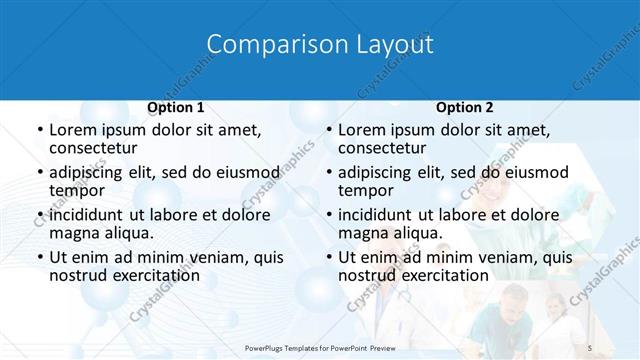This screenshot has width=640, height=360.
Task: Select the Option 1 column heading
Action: click(176, 108)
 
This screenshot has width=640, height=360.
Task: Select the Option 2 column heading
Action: click(465, 108)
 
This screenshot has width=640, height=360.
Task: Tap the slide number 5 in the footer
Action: click(590, 346)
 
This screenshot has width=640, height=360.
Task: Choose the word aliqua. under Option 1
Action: click(127, 233)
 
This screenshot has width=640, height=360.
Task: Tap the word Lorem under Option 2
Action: click(363, 130)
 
